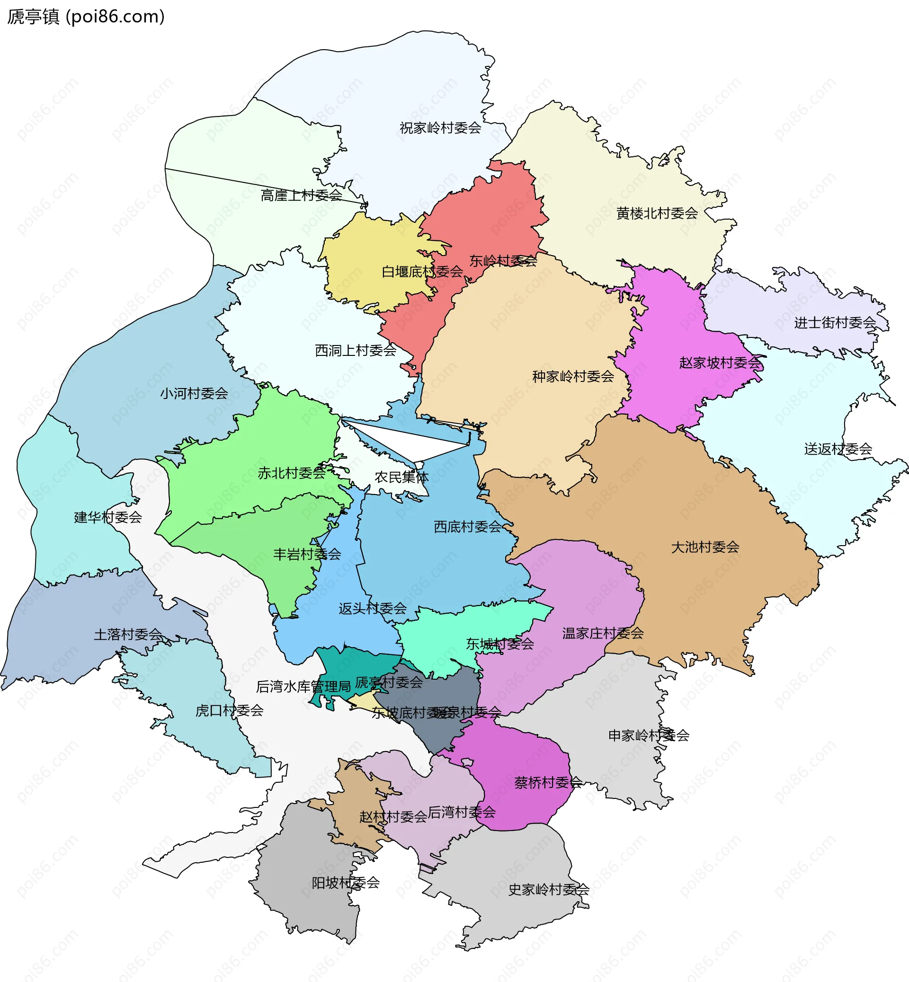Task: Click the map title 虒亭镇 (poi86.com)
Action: tap(86, 17)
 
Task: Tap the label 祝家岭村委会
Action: tap(440, 128)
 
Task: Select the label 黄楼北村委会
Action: tap(657, 213)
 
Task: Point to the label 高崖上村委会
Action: tap(301, 196)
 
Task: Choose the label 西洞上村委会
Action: tap(356, 351)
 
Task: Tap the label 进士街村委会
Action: tap(835, 323)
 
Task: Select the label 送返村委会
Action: tap(838, 449)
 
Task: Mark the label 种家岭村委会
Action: tap(573, 377)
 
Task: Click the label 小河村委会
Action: tap(194, 393)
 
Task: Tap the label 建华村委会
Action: tap(108, 517)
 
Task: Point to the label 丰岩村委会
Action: tap(307, 555)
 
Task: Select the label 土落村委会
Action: tap(128, 635)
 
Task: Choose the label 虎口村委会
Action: tap(229, 710)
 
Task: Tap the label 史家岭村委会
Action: tap(548, 890)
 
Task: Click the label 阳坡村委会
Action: tap(346, 883)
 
